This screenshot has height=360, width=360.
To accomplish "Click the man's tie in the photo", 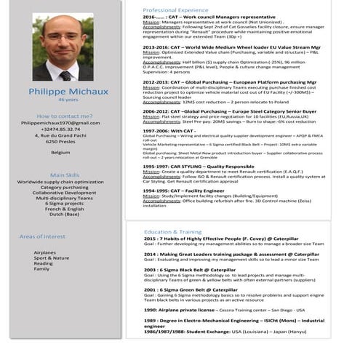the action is coord(65,75).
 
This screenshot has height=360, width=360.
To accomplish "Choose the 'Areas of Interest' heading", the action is coord(42,236).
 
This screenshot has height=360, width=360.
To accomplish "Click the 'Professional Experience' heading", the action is coord(175,10).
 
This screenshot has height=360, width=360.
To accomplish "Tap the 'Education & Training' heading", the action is coord(172,232).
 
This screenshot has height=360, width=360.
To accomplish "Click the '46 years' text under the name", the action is coord(68,100).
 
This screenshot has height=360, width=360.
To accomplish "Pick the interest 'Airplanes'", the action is coord(44,252).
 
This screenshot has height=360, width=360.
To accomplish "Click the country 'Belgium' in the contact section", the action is coord(60,152).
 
